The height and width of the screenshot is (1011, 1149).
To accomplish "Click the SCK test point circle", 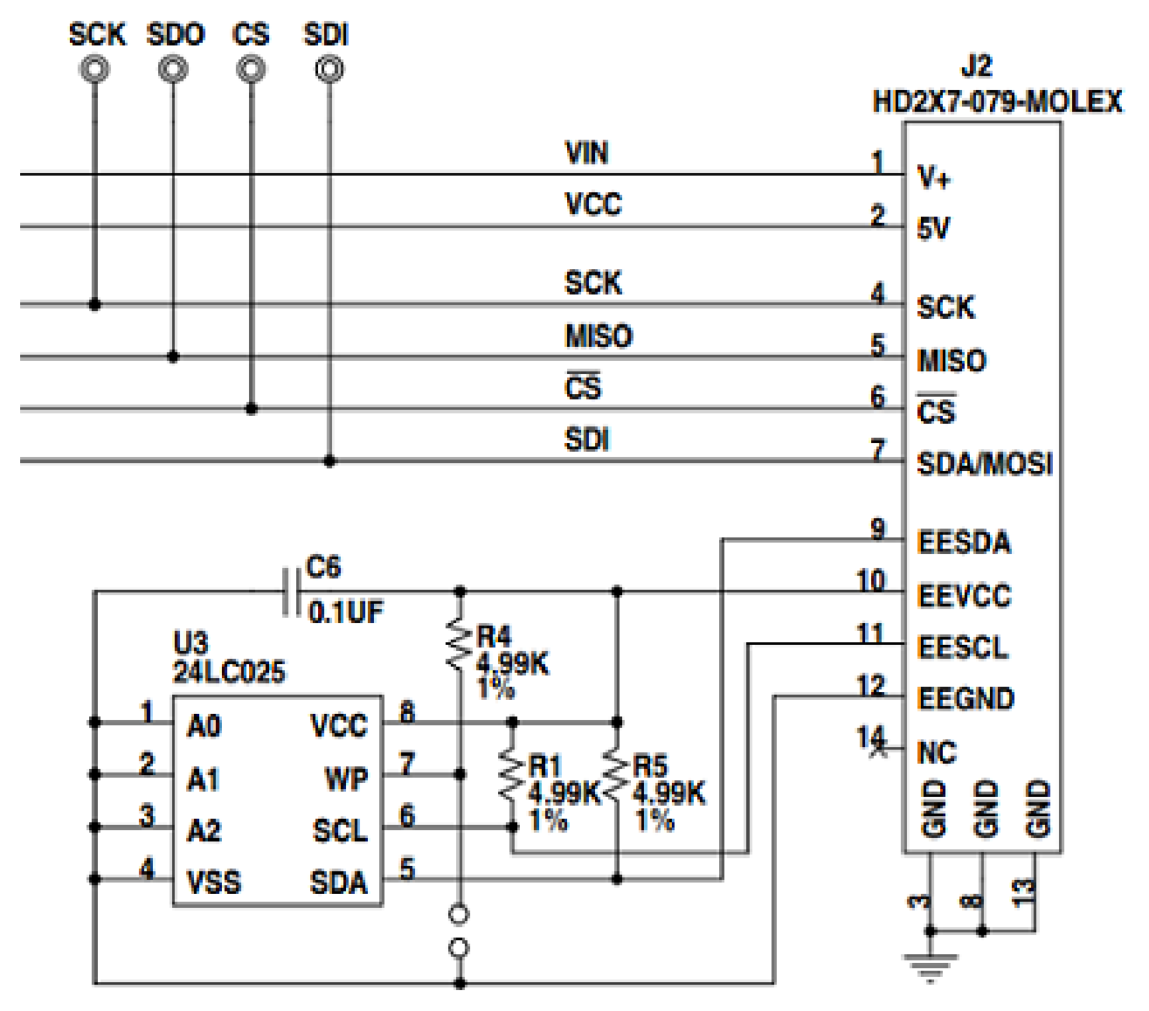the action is click(94, 69).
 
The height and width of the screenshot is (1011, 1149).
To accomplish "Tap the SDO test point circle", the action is click(173, 69).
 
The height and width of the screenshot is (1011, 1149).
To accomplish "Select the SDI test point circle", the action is click(329, 69).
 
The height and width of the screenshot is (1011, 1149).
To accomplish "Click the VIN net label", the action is click(586, 153).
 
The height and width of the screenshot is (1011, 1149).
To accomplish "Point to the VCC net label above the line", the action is click(593, 204).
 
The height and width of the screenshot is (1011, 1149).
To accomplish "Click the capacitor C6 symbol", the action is click(292, 592).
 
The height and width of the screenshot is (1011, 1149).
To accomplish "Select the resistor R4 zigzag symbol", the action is click(460, 645).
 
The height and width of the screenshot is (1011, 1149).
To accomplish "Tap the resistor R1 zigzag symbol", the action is click(511, 775).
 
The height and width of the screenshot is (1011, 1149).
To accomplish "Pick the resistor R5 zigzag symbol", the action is click(617, 775).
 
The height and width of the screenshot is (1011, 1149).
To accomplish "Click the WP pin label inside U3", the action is click(346, 779).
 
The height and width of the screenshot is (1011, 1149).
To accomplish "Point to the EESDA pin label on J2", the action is click(964, 543).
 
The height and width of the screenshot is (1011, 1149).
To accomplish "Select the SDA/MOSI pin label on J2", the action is click(985, 463).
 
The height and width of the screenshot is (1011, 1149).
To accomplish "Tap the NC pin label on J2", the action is click(937, 753).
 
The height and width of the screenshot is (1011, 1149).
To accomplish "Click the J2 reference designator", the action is click(977, 66).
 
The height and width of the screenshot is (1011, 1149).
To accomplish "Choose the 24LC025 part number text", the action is click(229, 672).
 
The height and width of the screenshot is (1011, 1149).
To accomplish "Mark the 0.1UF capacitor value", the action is click(345, 613).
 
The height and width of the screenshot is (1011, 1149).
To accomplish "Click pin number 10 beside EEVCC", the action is click(870, 581).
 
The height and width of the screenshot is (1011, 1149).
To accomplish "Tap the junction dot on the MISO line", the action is click(173, 357).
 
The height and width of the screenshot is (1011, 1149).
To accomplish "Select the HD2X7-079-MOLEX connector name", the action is click(997, 102).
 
